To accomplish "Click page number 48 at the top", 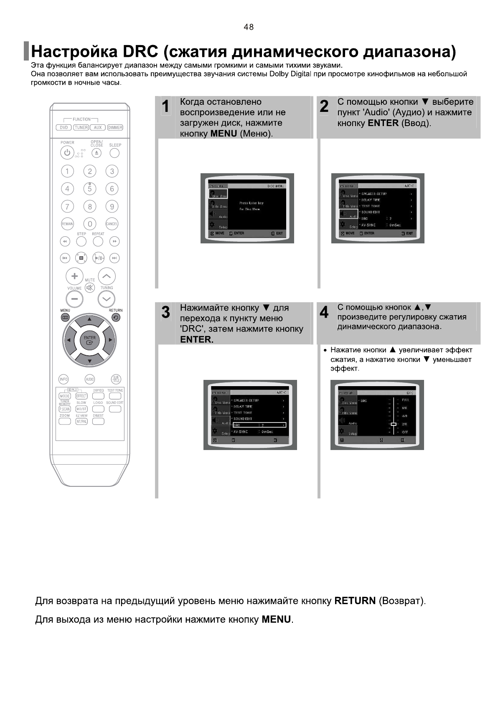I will click(x=249, y=27).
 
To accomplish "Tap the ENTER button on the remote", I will click(x=89, y=340).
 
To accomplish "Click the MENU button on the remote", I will click(x=65, y=317).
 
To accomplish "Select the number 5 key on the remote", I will click(x=89, y=189).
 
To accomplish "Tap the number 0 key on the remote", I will click(x=89, y=224).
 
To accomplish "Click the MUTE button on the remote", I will click(x=89, y=288).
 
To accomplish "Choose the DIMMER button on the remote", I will click(x=115, y=128).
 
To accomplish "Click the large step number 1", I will click(x=166, y=106).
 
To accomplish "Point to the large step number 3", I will click(x=166, y=312).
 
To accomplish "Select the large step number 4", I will click(x=324, y=312).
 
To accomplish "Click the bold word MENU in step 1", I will click(x=224, y=134).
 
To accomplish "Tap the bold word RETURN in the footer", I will click(x=355, y=601).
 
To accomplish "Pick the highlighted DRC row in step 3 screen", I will click(x=258, y=425).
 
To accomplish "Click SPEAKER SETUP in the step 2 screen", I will click(x=374, y=194).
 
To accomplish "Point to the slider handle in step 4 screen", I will click(x=393, y=424).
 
